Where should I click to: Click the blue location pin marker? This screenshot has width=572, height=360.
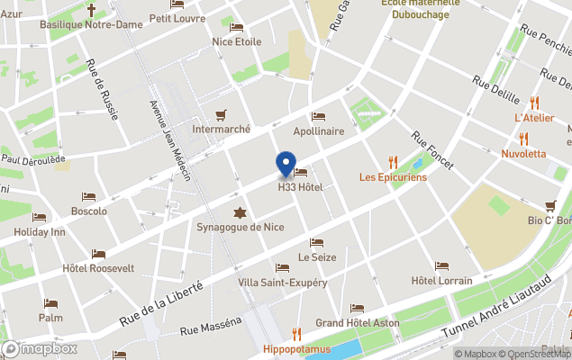(286, 164)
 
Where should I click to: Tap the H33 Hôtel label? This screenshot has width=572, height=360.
(300, 186)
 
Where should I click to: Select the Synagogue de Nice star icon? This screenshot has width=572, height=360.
(240, 212)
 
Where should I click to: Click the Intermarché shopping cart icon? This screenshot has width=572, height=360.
(221, 114)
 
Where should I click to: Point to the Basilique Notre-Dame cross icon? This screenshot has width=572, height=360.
(91, 10)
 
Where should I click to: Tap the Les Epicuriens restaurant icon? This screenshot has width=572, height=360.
(393, 162)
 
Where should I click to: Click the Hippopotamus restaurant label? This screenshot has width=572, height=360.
(297, 348)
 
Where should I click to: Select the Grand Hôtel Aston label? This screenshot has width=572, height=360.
(357, 323)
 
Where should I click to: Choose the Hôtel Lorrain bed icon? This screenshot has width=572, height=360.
(441, 266)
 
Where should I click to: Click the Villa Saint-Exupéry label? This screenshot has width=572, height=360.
(283, 283)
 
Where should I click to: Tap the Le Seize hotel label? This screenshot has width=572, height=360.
(316, 256)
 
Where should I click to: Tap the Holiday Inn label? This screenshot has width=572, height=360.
(40, 231)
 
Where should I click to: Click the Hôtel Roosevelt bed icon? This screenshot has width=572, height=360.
(98, 254)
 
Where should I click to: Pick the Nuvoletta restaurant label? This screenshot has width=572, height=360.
(523, 153)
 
